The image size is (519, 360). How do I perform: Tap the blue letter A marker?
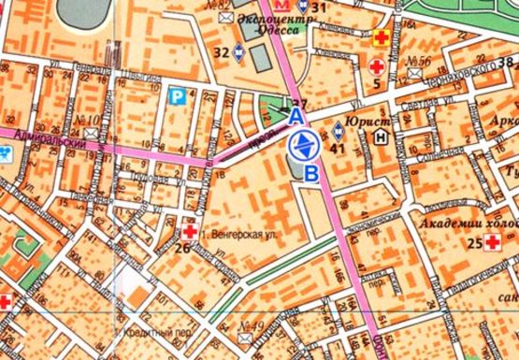coord(295,116)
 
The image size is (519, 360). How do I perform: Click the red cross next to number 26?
coord(190,231)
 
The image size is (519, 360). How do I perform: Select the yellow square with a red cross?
coord(382,38)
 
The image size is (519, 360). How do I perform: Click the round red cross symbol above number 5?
coord(377,67)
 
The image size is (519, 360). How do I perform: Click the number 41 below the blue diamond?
coord(338,147)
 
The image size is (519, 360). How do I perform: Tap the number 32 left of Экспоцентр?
coord(221,52)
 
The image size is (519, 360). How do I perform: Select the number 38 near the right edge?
coord(507,62)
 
